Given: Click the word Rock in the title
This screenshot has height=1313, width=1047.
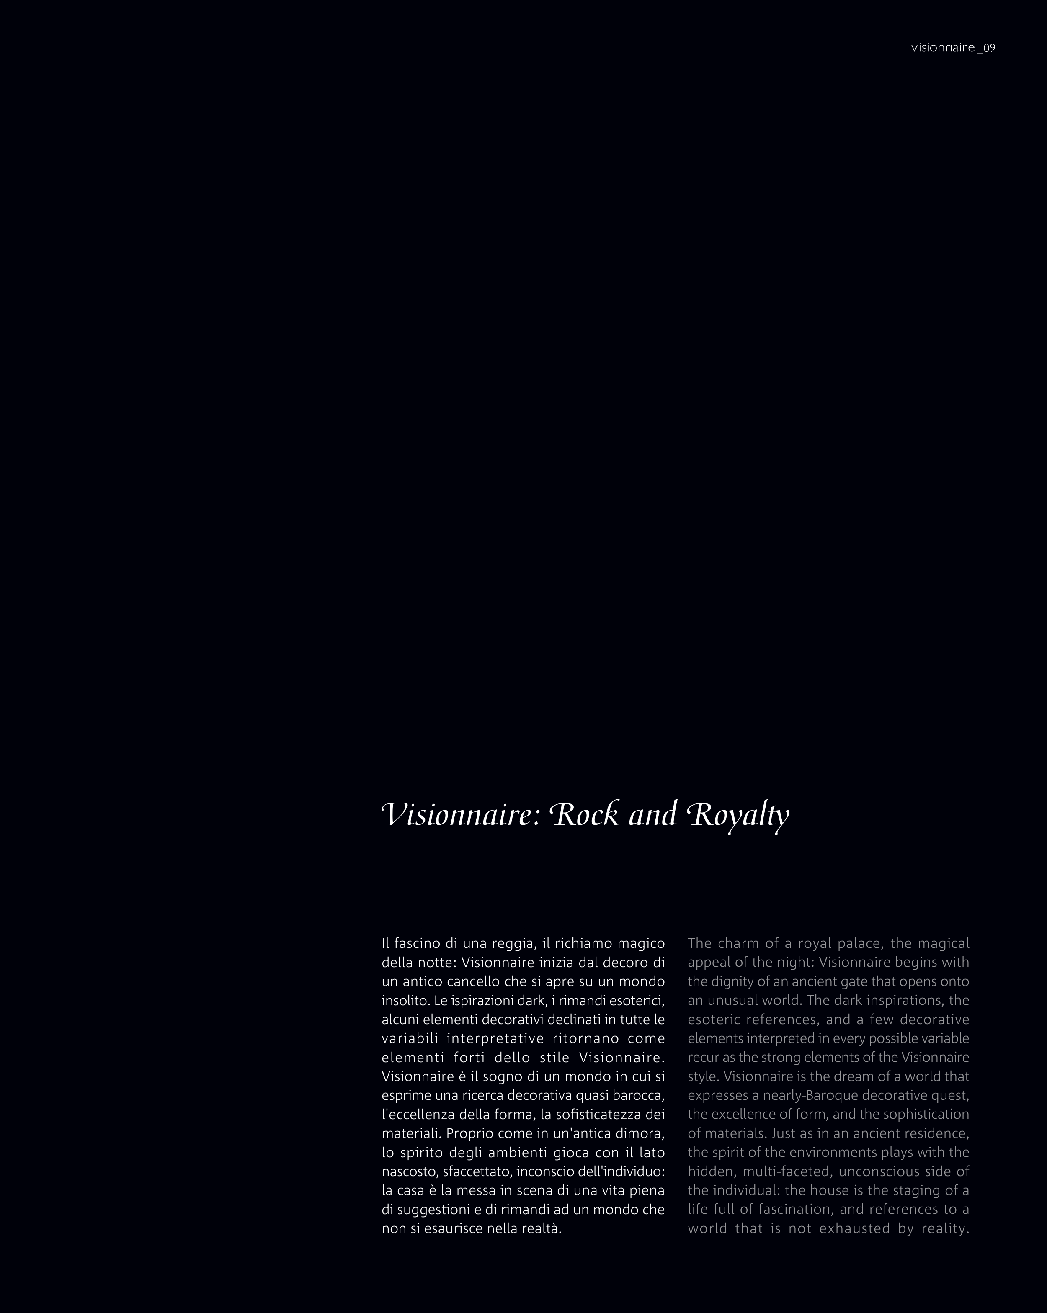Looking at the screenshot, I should [x=585, y=815].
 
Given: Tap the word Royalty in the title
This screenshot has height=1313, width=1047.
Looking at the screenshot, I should [x=737, y=815].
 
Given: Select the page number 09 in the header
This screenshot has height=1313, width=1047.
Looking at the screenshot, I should [x=989, y=48].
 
